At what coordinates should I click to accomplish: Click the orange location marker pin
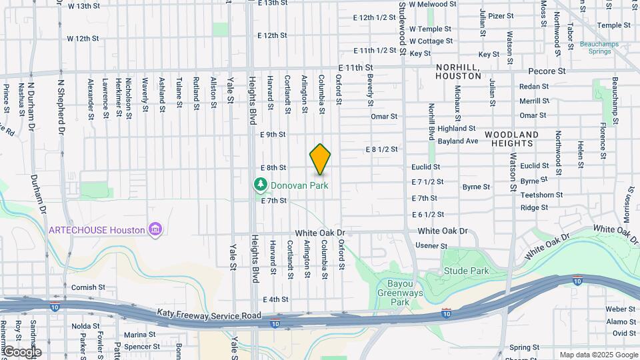coord(320,159)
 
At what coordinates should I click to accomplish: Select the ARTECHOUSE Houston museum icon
coord(155,230)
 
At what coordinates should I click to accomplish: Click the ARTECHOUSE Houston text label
coord(97,230)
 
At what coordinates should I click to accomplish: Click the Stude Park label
coord(467,271)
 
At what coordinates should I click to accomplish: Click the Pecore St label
coord(547,71)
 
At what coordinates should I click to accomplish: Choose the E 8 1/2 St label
coord(381,149)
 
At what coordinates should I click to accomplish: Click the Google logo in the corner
coord(21,352)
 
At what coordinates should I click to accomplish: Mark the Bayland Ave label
coord(458,141)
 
